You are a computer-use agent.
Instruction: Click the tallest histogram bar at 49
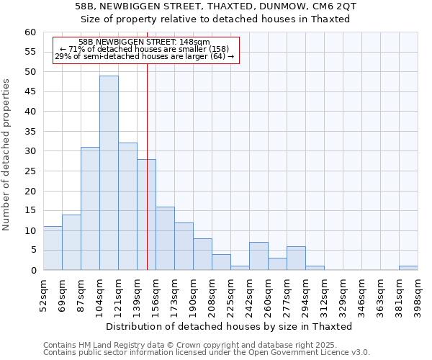click(109, 173)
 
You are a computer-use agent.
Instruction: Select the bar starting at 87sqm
click(90, 209)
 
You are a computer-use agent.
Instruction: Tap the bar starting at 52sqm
click(53, 248)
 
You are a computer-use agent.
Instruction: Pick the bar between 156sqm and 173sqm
click(165, 238)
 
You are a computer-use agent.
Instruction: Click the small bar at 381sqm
click(408, 268)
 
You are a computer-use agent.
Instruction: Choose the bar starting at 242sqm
click(258, 256)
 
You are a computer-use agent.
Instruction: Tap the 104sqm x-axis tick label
click(100, 294)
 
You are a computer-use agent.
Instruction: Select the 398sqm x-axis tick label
click(418, 294)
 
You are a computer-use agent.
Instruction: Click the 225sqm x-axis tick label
click(231, 294)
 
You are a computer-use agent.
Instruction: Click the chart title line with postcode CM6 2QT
click(215, 6)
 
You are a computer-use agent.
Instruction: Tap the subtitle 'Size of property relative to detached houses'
click(215, 19)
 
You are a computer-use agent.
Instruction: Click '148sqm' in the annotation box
click(194, 42)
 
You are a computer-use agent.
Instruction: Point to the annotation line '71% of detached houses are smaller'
click(144, 49)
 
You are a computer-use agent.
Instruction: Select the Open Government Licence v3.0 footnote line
click(206, 352)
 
